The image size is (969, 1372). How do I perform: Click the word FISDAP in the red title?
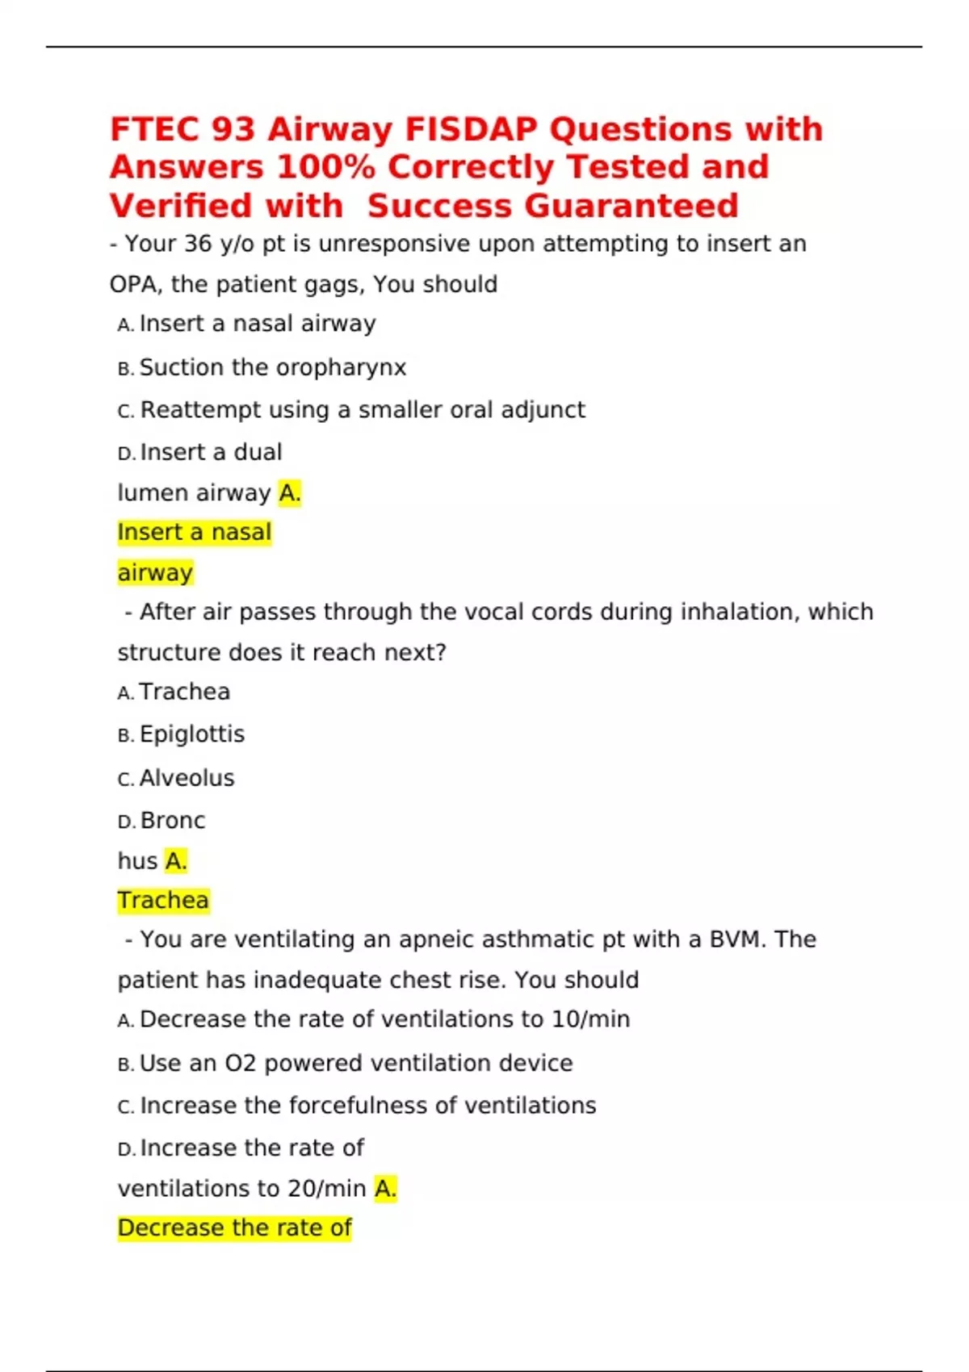pyautogui.click(x=471, y=129)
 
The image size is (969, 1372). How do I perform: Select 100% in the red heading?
pyautogui.click(x=325, y=167)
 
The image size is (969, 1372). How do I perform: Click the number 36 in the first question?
pyautogui.click(x=198, y=244)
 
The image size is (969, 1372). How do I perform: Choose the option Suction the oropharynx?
pyautogui.click(x=272, y=367)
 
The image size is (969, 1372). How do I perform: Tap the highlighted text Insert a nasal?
pyautogui.click(x=194, y=533)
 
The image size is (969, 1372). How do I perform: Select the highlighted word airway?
pyautogui.click(x=155, y=573)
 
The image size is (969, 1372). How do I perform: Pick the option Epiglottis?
pyautogui.click(x=191, y=734)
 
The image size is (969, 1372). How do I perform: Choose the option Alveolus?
pyautogui.click(x=187, y=778)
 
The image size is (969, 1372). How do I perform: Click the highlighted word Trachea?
pyautogui.click(x=163, y=901)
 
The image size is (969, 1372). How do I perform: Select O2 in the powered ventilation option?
pyautogui.click(x=240, y=1064)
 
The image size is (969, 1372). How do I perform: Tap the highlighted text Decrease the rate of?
pyautogui.click(x=234, y=1228)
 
